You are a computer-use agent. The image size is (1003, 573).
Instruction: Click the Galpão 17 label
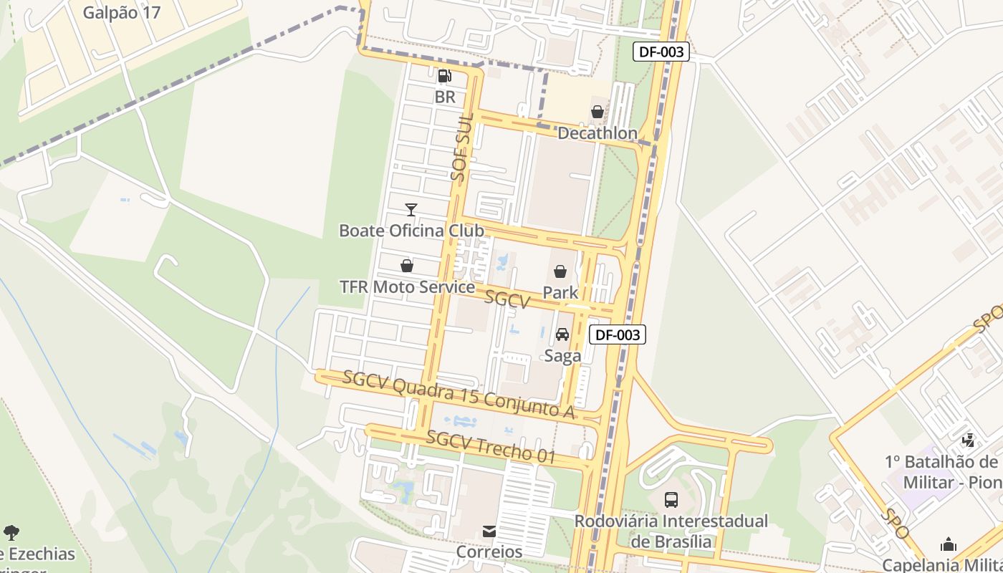coord(122,12)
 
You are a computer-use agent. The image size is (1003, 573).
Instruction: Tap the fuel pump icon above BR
coord(444,75)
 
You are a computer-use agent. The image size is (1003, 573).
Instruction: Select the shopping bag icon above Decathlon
coord(597,112)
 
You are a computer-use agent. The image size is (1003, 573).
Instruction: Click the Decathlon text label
coord(597,133)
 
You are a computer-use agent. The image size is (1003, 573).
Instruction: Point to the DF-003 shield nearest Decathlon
coord(661,52)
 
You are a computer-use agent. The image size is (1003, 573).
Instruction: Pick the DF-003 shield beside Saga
coord(617,334)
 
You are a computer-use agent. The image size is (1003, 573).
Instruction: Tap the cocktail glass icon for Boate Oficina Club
coord(411,209)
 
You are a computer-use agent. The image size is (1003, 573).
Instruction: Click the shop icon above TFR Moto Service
coord(407,266)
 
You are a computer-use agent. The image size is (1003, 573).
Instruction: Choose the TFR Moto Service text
coord(407,287)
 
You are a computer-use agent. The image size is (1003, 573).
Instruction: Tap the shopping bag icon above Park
coord(560,271)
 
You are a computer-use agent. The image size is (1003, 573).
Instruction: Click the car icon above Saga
coord(562,334)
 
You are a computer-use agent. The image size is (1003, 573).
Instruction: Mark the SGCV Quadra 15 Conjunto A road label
coord(459,395)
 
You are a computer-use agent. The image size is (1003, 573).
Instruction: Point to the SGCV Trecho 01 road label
coord(491,446)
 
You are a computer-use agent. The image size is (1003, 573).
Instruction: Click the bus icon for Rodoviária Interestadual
coord(671,499)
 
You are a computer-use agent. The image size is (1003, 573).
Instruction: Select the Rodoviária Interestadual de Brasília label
coord(671,531)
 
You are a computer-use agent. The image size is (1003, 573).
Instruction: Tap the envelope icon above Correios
coord(489,531)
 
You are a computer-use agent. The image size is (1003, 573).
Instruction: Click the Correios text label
coord(489,552)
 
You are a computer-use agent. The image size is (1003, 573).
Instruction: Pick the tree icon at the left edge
coord(11,532)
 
